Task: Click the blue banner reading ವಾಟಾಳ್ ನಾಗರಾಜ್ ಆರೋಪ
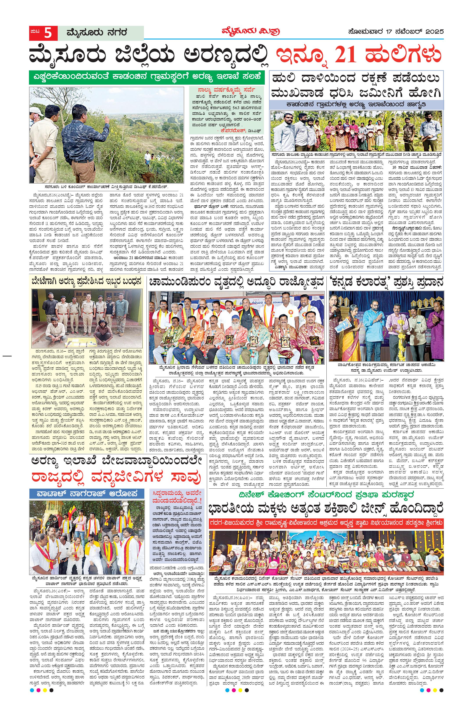pos(87,493)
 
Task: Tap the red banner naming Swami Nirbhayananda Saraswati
pos(327,522)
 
